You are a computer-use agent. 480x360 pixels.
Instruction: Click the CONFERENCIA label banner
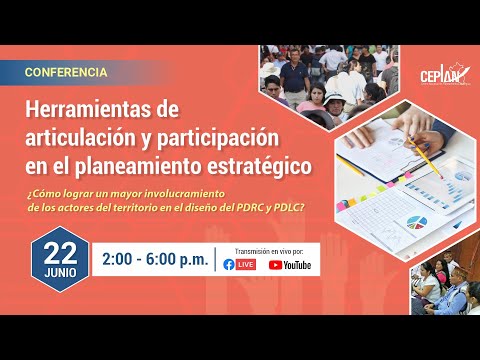[x=67, y=73]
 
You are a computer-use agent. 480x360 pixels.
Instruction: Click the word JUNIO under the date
[x=60, y=271]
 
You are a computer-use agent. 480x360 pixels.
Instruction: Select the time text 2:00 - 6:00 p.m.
[x=155, y=259]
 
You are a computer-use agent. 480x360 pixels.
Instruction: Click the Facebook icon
[x=230, y=265]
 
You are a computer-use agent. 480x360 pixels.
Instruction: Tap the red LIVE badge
[x=246, y=265]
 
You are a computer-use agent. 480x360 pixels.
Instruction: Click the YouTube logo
[x=290, y=265]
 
